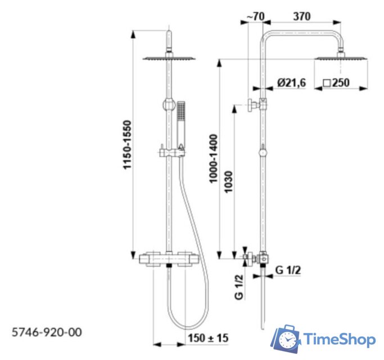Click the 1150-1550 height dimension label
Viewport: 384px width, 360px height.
point(128,145)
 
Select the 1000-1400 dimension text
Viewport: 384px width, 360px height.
point(213,159)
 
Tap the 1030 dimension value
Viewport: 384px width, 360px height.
point(228,182)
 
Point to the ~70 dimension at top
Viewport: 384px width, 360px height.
point(256,16)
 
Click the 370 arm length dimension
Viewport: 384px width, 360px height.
point(302,16)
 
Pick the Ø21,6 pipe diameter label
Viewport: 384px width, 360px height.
point(291,83)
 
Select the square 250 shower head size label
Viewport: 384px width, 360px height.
point(336,83)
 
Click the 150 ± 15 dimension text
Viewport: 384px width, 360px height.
point(208,338)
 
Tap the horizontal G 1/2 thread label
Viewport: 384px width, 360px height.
point(288,270)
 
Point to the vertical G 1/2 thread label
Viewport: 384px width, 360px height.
point(239,287)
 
